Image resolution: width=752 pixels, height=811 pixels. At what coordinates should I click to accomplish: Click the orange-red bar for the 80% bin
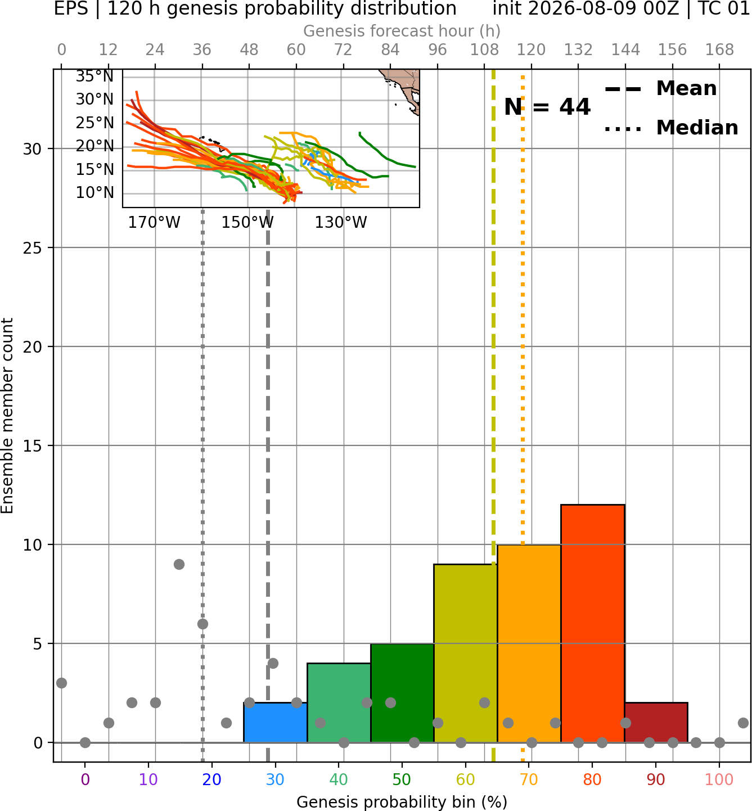592,624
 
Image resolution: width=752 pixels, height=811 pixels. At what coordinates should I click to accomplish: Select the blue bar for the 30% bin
275,722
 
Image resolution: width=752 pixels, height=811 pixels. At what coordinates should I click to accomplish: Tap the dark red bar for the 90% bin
656,722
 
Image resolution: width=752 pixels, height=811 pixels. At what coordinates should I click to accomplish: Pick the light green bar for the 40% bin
339,703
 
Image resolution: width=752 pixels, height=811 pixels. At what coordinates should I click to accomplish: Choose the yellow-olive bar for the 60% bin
465,654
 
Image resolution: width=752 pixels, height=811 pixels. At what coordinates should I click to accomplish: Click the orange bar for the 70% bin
529,643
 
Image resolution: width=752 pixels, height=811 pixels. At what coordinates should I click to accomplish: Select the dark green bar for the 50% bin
402,693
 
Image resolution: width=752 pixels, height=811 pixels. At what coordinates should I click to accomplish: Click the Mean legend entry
660,89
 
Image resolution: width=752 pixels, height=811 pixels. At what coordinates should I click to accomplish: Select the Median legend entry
671,128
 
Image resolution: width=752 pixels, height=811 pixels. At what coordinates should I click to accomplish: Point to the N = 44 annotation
547,107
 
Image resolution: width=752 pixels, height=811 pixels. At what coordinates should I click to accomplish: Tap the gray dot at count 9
179,564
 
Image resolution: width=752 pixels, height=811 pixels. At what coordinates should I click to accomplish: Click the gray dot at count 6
202,624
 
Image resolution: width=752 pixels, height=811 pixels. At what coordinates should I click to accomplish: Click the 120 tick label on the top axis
531,50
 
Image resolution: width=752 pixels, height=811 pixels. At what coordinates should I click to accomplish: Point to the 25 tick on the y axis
32,248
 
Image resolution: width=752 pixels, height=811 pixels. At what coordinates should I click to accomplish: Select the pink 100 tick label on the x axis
719,780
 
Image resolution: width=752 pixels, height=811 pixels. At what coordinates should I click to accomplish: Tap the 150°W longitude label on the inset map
247,223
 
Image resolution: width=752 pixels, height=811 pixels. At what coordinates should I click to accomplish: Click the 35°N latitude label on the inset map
94,76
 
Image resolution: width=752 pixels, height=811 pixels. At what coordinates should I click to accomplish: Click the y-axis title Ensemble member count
7,416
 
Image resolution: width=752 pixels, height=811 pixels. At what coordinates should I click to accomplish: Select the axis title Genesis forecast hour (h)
402,31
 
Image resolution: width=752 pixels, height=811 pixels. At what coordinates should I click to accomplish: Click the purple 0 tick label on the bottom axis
85,780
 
